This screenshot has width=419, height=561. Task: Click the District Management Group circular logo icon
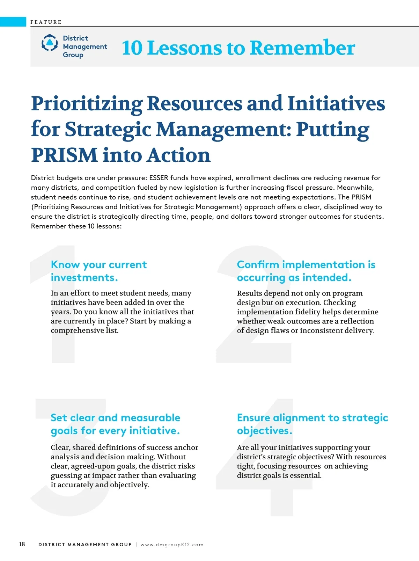coord(50,43)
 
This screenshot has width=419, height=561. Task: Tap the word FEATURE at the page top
coord(46,22)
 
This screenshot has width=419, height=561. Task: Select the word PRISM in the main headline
coord(64,155)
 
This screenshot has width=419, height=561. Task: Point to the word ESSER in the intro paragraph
coord(159,178)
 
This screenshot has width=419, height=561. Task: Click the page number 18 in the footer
coord(22,544)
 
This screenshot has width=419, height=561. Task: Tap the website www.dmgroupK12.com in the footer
coord(172,545)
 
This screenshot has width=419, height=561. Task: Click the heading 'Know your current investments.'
coord(98,271)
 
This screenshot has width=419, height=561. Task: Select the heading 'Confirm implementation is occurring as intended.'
coord(306,271)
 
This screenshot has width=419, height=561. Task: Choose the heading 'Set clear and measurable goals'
coord(115,424)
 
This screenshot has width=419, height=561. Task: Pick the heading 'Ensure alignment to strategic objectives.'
coord(312,424)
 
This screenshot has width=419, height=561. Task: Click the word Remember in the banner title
coord(302,48)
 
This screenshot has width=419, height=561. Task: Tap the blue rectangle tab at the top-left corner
coord(13,22)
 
